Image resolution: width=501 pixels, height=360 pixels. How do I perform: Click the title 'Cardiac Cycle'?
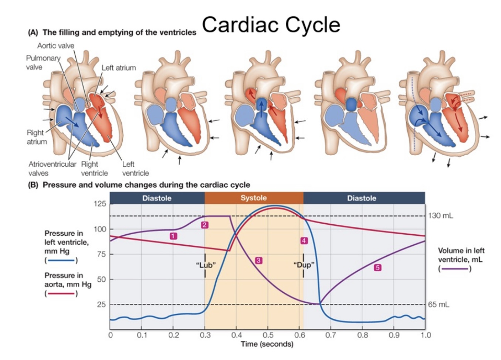coord(271,25)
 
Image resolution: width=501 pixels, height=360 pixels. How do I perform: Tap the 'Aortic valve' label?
coord(55,46)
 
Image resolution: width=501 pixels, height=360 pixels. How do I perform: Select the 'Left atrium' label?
coord(118,68)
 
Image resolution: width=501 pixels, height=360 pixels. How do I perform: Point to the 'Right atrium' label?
coord(37,137)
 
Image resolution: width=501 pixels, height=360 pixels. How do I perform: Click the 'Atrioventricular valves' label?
coord(52,169)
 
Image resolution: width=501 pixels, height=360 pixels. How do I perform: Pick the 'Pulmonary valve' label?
coord(43,62)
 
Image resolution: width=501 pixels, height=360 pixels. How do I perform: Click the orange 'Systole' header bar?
coord(254,198)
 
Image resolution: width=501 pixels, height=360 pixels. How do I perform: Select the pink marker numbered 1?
coord(173,236)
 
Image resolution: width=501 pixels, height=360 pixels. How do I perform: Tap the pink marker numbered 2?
coord(204,225)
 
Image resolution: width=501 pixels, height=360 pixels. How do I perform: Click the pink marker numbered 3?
coord(258,260)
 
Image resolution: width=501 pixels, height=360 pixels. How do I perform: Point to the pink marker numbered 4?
coord(304,241)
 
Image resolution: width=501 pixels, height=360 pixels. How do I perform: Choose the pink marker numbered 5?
coord(377,268)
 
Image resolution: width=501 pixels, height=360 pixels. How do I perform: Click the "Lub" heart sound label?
coord(206,265)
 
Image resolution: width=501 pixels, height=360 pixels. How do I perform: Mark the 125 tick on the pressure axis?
coord(100,204)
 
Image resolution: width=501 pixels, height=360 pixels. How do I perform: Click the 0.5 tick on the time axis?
coord(268,335)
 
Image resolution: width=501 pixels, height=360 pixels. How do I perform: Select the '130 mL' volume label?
coord(440,216)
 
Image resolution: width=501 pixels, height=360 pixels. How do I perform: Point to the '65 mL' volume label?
coord(439,305)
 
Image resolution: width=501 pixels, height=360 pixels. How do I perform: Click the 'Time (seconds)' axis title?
coord(267,344)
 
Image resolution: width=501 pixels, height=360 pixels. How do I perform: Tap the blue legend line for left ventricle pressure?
coord(61,261)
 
